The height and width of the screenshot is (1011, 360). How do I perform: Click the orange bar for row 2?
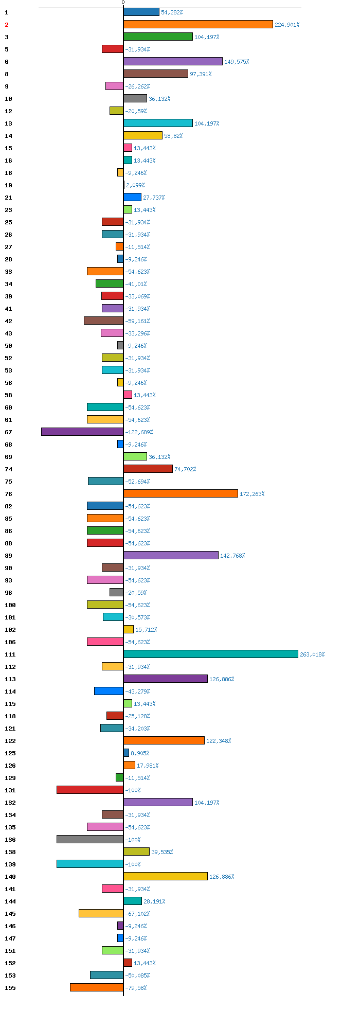pos(198,24)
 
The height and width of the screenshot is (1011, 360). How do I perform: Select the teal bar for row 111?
pos(211,654)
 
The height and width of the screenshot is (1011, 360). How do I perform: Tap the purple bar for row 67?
pos(82,432)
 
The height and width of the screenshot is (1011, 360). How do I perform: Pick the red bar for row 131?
pos(90,790)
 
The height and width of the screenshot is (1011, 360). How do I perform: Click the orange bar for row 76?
pos(181,493)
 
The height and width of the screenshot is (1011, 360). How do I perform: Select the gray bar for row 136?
pos(90,839)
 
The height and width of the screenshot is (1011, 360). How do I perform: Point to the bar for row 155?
pos(97,987)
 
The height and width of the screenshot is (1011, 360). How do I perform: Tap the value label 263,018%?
pos(312,654)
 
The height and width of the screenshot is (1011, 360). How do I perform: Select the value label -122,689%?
pos(139,432)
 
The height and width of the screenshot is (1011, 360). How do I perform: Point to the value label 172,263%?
pos(252,494)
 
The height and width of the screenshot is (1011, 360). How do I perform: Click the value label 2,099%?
pos(135,185)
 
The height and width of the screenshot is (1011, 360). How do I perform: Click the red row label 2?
pos(7,25)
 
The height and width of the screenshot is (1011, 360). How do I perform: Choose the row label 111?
pos(10,654)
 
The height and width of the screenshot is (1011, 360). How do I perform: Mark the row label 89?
pos(8,556)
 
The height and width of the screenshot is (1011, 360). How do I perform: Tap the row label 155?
pos(10,988)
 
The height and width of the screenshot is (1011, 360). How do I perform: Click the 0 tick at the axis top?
pos(123,3)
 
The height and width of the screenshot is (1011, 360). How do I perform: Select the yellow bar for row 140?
pos(166,876)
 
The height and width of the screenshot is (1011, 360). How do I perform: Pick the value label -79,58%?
pos(136,988)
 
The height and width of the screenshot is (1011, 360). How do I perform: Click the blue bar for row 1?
pos(141,12)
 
